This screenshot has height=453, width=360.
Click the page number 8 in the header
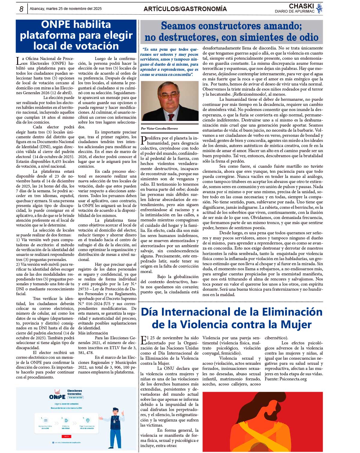[21, 9]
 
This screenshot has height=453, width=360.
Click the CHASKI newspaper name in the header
[301, 6]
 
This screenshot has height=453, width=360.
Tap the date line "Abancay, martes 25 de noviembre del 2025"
[66, 9]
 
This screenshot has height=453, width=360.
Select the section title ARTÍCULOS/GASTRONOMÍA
[185, 9]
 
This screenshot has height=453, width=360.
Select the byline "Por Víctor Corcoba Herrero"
[159, 128]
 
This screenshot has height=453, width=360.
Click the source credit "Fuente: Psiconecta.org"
[285, 379]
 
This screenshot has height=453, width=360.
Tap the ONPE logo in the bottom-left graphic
[57, 396]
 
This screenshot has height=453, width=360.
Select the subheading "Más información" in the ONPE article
[93, 333]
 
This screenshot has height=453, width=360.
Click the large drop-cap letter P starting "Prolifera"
[144, 140]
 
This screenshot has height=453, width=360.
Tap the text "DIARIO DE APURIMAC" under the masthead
[294, 11]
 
